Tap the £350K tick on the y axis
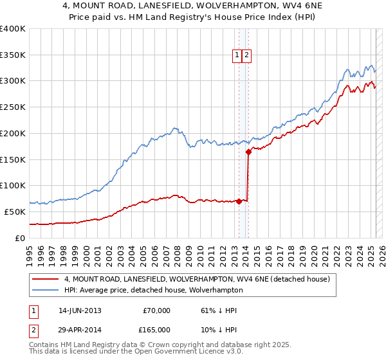pos(13,55)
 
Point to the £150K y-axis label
pos(13,159)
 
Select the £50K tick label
pos(15,212)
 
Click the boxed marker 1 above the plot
pos(237,56)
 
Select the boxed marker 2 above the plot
pos(246,56)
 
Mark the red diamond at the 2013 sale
pos(239,201)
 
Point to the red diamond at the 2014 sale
pos(248,152)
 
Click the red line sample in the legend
pos(46,279)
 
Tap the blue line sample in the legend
pos(46,290)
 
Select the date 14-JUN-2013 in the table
pos(80,310)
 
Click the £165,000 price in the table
pos(156,329)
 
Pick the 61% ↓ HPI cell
pos(219,310)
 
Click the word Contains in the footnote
pos(47,346)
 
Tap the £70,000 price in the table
pos(156,310)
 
